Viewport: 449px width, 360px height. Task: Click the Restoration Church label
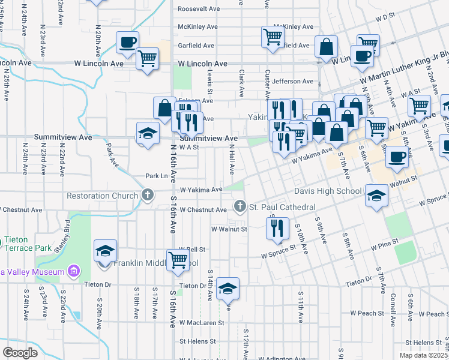pos(103,196)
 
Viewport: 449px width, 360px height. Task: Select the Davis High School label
pos(327,192)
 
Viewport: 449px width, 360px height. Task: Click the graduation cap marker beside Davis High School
pos(376,196)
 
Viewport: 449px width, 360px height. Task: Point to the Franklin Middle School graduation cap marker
pos(105,251)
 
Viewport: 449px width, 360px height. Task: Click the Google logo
pos(20,352)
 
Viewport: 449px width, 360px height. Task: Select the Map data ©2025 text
pos(423,355)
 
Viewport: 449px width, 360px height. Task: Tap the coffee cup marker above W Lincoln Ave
pos(127,43)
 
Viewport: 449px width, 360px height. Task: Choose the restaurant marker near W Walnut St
pos(277,228)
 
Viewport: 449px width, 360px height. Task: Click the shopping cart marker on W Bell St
pos(178,261)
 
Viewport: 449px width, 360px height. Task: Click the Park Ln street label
pos(156,176)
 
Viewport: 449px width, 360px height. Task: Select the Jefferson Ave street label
pos(293,82)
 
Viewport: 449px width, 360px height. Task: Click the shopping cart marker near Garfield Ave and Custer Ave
pos(273,37)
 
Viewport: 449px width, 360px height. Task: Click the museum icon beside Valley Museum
pos(74,272)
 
